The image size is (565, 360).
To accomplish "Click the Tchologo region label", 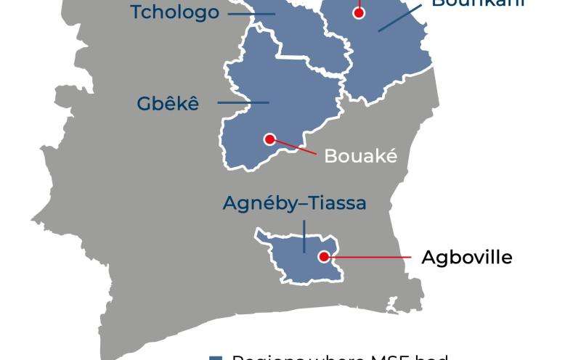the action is (x=174, y=12).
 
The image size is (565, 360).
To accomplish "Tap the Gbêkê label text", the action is (x=167, y=104).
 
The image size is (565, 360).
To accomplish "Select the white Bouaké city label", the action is (x=360, y=155).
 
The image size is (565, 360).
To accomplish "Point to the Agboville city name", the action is (x=466, y=257).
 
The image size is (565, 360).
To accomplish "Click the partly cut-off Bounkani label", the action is (x=477, y=3).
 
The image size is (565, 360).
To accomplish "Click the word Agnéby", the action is (x=258, y=204).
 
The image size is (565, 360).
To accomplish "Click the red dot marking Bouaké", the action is (x=269, y=139).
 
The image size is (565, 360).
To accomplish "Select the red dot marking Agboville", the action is (x=324, y=256).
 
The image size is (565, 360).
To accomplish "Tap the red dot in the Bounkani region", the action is (x=358, y=12).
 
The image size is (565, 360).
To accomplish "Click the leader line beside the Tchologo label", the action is (x=251, y=13).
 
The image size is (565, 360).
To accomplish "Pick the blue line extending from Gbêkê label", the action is (x=243, y=103).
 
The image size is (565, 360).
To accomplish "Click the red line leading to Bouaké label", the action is (x=295, y=147).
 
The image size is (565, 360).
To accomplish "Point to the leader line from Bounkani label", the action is (x=399, y=17).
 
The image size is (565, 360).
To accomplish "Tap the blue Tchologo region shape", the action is (x=294, y=33).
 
